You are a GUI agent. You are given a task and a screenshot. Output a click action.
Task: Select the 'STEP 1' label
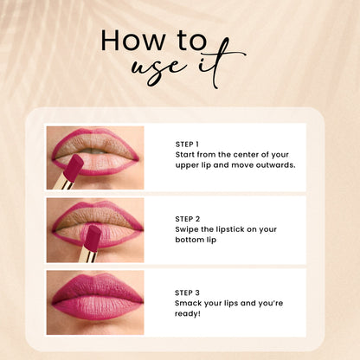[x=187, y=144]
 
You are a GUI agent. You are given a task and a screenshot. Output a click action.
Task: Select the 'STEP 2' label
[x=187, y=219]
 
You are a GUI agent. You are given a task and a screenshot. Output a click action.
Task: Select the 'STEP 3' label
[x=187, y=292]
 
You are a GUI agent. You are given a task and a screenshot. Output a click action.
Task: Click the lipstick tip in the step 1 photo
[x=73, y=164]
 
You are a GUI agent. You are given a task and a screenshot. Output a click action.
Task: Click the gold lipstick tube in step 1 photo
[x=62, y=183]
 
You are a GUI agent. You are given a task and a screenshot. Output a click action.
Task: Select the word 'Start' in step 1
[x=187, y=154]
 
